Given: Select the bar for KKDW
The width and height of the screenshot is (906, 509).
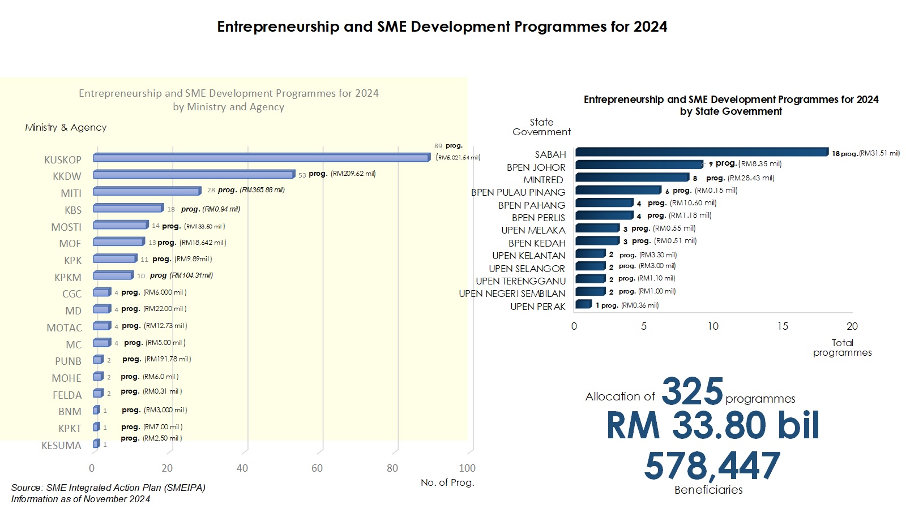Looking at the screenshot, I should (194, 175).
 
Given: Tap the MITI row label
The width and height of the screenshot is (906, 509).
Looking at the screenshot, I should (71, 193).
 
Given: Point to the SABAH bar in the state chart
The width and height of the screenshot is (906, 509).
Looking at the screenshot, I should (701, 152).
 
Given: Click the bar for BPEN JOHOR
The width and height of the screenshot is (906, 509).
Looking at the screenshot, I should (639, 165).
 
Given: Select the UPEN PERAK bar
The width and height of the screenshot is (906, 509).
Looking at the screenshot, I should (583, 305).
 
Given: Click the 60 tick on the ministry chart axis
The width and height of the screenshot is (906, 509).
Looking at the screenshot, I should (317, 468).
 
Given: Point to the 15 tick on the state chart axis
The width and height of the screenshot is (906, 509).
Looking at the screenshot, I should (783, 326).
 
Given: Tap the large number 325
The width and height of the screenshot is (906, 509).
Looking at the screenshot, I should (692, 391).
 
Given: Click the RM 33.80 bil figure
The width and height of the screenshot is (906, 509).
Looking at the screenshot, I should (713, 425).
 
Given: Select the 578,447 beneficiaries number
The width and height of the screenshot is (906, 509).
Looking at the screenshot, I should (712, 466).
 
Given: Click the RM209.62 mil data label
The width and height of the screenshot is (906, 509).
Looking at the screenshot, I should (353, 174).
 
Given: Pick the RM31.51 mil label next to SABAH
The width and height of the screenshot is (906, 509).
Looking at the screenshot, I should (879, 153).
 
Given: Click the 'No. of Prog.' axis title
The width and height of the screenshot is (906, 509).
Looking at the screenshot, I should (447, 482).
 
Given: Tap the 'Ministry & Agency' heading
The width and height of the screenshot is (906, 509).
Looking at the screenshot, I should (66, 127).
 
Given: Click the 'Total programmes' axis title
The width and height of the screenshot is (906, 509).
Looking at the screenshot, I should (842, 347).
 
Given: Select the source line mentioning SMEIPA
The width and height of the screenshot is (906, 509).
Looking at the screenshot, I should (108, 488).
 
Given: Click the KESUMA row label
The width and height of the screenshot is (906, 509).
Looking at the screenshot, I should (61, 446).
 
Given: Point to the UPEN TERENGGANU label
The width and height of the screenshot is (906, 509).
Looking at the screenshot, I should (520, 281).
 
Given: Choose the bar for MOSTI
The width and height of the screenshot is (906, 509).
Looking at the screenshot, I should (121, 225).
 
